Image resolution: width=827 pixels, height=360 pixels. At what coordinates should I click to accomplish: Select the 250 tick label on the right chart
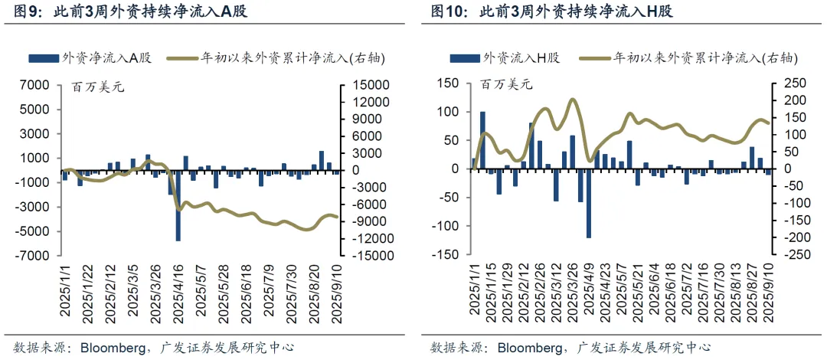pyautogui.click(x=798, y=83)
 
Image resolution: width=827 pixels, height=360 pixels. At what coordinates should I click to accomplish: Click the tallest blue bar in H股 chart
pyautogui.click(x=482, y=140)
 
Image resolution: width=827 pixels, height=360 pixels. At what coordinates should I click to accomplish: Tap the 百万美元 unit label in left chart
pyautogui.click(x=97, y=86)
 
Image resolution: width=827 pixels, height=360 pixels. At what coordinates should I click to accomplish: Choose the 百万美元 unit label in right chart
pyautogui.click(x=506, y=86)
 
